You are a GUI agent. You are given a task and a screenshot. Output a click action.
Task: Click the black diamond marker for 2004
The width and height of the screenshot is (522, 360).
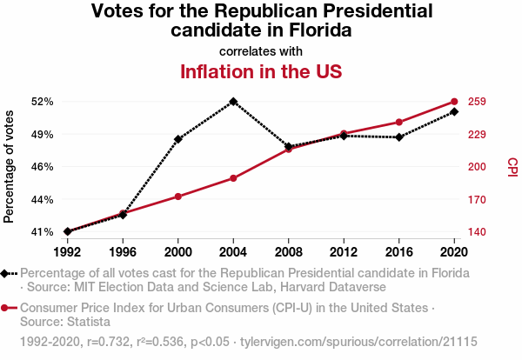[233, 101]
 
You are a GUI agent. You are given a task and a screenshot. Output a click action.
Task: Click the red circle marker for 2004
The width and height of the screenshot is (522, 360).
[233, 178]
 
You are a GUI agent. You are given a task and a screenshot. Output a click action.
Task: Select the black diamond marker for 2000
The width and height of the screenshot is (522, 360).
[178, 139]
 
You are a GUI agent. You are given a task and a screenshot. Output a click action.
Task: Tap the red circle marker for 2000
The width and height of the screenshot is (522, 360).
[178, 197]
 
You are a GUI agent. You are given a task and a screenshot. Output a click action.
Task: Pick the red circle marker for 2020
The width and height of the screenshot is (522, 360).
[454, 102]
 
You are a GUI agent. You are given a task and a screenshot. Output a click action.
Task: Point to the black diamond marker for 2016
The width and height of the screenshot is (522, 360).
[399, 137]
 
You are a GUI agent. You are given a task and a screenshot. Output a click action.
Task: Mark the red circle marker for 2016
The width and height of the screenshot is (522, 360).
[399, 122]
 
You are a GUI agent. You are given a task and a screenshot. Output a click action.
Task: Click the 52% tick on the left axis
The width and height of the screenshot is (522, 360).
[42, 102]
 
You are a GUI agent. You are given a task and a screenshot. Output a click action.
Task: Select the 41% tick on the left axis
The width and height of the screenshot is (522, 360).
[42, 232]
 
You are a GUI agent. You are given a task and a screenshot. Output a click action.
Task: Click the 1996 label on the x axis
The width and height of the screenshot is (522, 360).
[123, 251]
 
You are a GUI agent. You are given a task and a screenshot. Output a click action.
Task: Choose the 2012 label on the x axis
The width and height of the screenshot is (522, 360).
[344, 251]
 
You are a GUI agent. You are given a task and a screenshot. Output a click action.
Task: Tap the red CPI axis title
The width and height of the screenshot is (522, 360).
[512, 165]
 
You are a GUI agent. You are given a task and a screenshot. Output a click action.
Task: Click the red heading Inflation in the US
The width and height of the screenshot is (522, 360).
[261, 71]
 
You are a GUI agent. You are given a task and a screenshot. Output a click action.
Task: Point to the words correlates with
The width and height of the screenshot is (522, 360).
[261, 50]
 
